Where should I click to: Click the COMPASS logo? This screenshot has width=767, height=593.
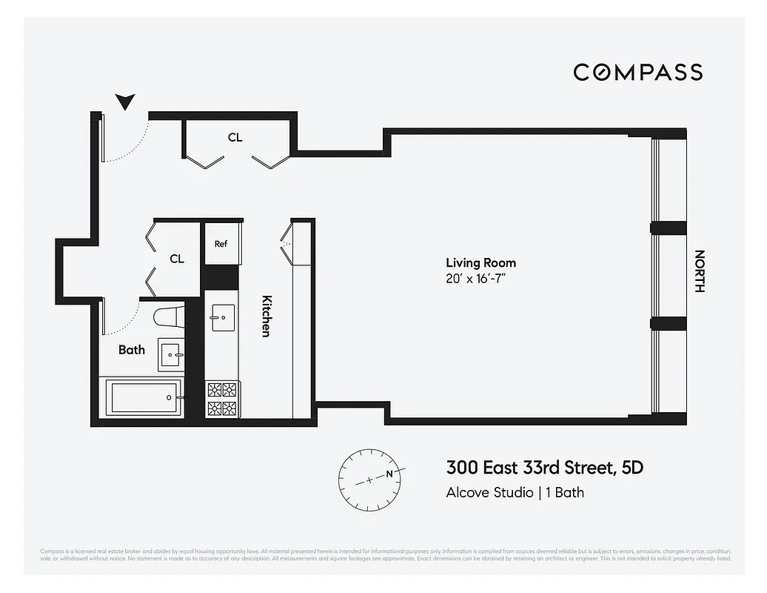[x=637, y=72]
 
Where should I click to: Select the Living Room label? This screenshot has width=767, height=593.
[x=480, y=262]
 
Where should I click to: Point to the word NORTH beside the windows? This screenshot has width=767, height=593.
[x=698, y=271]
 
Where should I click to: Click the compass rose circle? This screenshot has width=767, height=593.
[x=369, y=479]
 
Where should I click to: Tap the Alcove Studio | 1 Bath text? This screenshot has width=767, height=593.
[x=515, y=492]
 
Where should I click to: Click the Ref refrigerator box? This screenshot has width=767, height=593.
[x=221, y=244]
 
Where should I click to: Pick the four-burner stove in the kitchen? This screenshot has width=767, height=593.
[x=222, y=399]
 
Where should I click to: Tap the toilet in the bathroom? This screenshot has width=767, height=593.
[x=168, y=317]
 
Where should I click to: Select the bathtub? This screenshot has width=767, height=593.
[x=144, y=398]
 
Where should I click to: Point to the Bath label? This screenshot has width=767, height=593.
[x=132, y=349]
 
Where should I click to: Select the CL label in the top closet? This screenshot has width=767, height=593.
[x=235, y=137]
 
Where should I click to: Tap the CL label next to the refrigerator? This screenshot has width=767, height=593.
[x=177, y=259]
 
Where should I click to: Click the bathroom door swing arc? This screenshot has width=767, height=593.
[x=126, y=322]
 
